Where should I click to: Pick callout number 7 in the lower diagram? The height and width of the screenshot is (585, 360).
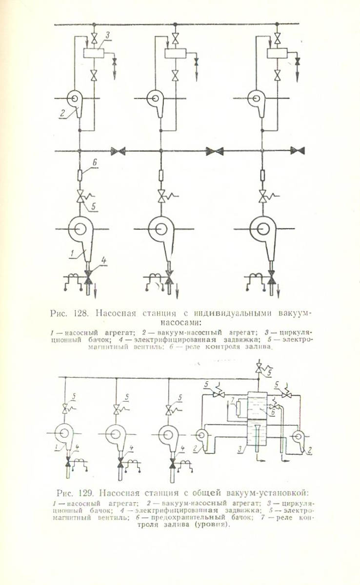[x=234, y=401]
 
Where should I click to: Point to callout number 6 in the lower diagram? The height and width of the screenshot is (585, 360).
[x=273, y=412]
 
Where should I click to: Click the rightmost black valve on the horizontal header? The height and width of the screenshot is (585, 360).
[x=297, y=151]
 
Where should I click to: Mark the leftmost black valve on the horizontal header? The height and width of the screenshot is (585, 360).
[x=118, y=151]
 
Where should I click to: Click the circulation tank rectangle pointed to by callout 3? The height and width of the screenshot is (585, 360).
[x=94, y=54]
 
